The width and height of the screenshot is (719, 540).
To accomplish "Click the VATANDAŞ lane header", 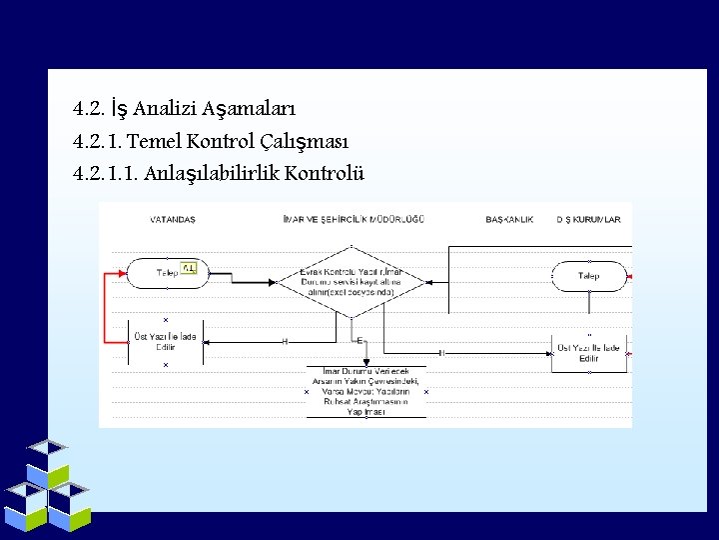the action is (x=173, y=219).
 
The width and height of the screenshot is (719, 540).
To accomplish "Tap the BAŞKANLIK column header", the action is (x=509, y=219).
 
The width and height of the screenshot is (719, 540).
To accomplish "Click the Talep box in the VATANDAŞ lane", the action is (x=166, y=272).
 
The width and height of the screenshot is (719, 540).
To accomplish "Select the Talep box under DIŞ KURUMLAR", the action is (x=589, y=275).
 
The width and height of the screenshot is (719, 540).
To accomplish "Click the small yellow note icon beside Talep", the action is (x=190, y=268).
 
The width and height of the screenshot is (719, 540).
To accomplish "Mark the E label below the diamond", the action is (x=359, y=341).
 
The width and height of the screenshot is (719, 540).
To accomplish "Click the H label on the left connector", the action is (x=285, y=342).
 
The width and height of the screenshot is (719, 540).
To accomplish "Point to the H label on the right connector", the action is (x=441, y=352).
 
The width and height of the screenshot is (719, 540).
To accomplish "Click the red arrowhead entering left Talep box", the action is (x=123, y=272).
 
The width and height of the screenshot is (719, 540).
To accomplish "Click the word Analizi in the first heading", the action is (x=160, y=107).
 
